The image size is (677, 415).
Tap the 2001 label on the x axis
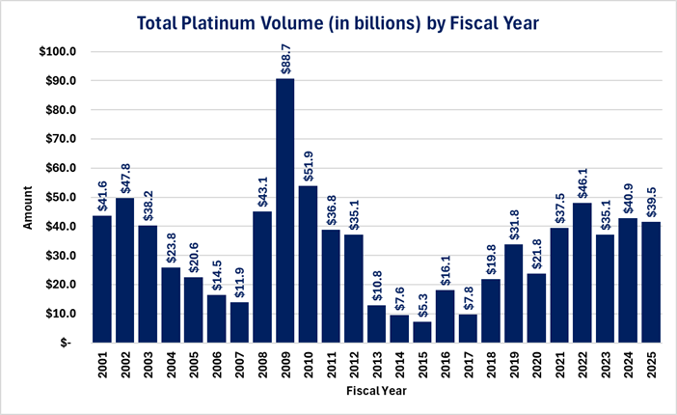103,366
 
